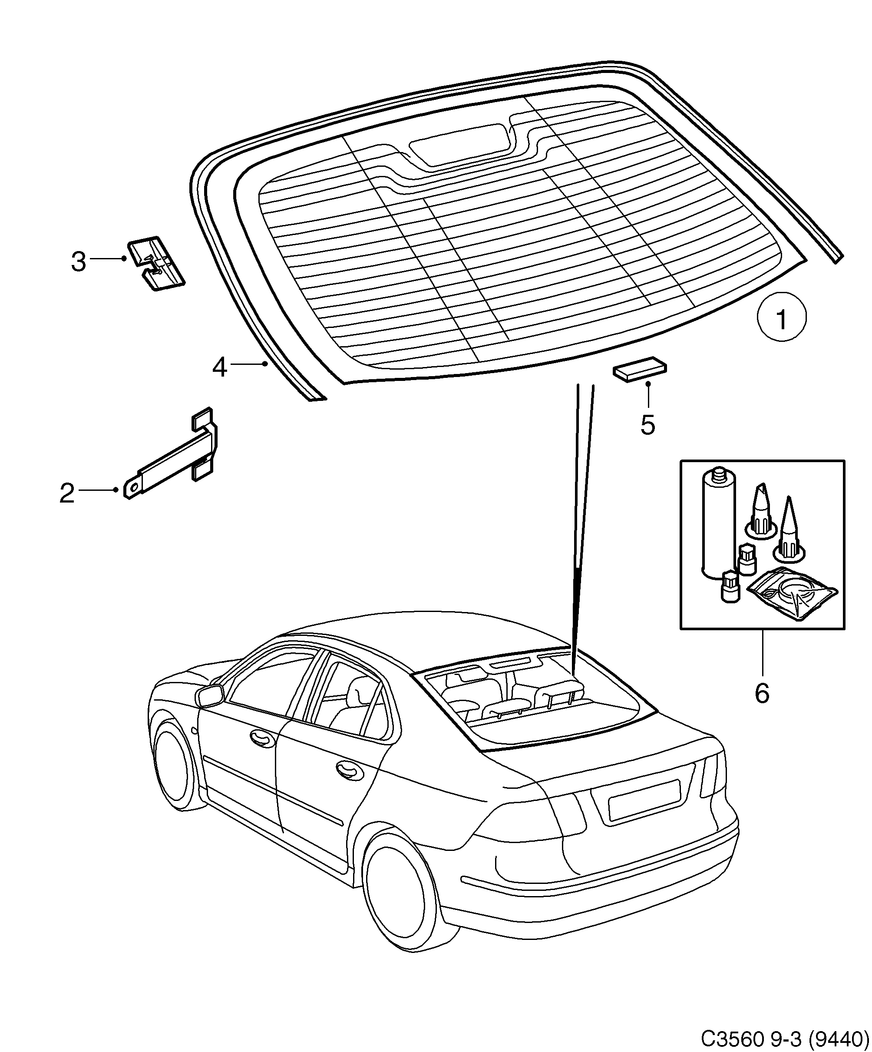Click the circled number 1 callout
click(781, 318)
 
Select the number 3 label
click(79, 261)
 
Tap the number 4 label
click(220, 367)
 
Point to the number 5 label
click(647, 425)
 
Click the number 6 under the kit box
click(761, 694)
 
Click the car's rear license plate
click(644, 801)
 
